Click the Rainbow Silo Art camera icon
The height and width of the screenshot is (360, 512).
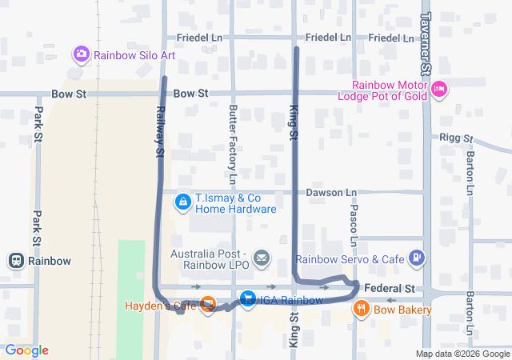tap(81, 55)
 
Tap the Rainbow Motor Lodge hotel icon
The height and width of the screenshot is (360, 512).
tap(439, 90)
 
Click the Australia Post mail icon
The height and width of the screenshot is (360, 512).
tap(262, 258)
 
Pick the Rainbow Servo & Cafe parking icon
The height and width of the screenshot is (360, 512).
tap(416, 258)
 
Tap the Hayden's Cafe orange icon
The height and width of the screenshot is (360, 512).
tap(208, 304)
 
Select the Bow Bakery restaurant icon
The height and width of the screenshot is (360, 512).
tap(362, 309)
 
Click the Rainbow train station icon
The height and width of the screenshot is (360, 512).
tap(15, 260)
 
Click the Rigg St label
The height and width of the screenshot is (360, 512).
tap(457, 138)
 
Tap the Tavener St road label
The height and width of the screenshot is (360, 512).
tap(426, 44)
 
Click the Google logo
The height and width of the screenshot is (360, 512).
tap(26, 350)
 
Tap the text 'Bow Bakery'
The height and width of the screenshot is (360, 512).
tap(402, 310)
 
